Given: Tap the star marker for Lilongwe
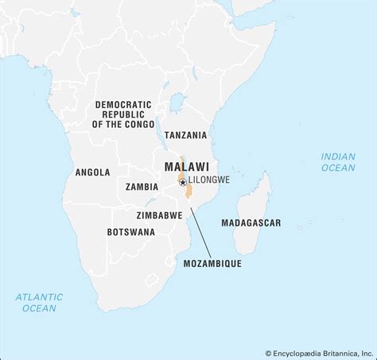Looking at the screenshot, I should point(183,182).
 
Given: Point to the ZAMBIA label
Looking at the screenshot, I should point(142,187).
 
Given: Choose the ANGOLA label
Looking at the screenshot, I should point(92,172).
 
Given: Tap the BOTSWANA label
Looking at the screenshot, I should point(131,232).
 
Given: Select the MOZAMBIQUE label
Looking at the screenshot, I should point(212,263).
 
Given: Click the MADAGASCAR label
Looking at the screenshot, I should point(251,223).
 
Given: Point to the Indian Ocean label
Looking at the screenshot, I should point(338,162).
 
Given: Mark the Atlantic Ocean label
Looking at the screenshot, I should point(37,302).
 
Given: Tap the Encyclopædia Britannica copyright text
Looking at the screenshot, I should point(318,352).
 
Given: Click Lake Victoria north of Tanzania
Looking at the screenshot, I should point(177,103).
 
